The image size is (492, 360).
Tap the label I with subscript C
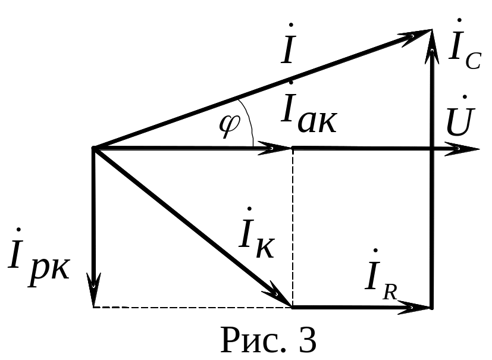click(x=463, y=51)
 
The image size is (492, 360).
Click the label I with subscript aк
click(x=309, y=110)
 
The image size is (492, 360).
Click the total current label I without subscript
click(x=289, y=50)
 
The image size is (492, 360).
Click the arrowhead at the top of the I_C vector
click(x=431, y=42)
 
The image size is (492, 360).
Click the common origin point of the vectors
click(x=94, y=149)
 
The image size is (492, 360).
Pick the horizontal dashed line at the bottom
click(x=190, y=307)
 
